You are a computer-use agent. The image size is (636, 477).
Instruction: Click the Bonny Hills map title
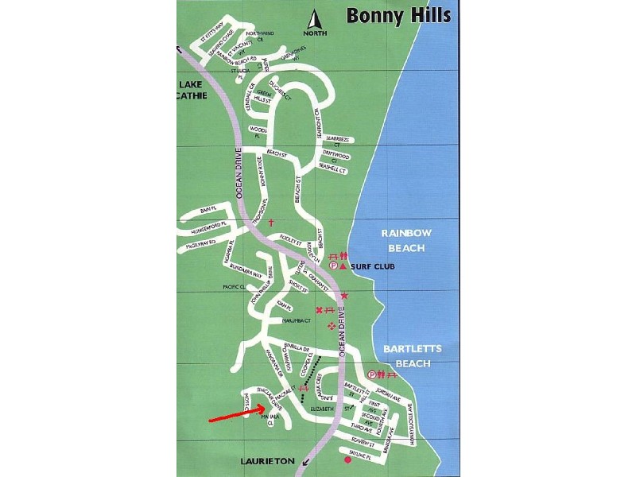pyautogui.click(x=398, y=15)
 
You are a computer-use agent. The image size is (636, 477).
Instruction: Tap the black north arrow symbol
pyautogui.click(x=315, y=20)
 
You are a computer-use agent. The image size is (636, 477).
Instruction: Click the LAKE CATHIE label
pyautogui.click(x=192, y=90)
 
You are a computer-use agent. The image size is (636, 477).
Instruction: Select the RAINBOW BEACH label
pyautogui.click(x=405, y=240)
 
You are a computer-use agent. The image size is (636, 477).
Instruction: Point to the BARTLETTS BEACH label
pyautogui.click(x=406, y=356)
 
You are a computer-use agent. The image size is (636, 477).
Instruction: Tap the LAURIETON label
pyautogui.click(x=270, y=461)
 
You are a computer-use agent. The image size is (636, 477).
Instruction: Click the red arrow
pyautogui.click(x=235, y=413)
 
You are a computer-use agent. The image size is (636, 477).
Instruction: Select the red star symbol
pyautogui.click(x=344, y=296)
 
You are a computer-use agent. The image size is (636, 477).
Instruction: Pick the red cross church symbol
pyautogui.click(x=270, y=223)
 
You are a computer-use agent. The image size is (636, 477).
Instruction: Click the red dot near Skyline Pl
pyautogui.click(x=347, y=460)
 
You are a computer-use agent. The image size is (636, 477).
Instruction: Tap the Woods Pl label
pyautogui.click(x=257, y=131)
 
